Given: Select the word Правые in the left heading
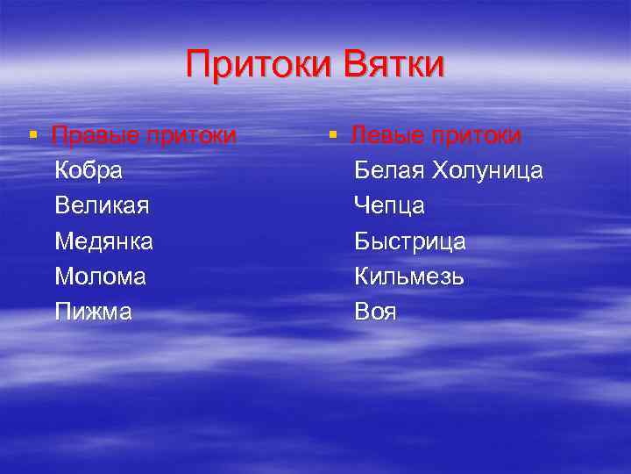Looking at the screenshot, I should (92, 136).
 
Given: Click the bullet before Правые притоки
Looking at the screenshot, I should (32, 134).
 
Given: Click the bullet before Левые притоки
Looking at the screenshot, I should (332, 134).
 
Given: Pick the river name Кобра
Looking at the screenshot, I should (88, 170).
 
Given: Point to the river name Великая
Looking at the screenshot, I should (102, 205).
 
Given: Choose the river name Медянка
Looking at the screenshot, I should (103, 241).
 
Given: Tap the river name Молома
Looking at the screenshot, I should (100, 276).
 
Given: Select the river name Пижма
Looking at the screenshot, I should (93, 311).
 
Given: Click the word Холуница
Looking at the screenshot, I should (487, 170).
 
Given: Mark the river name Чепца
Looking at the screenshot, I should (389, 205).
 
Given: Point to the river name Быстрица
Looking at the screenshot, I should (409, 241).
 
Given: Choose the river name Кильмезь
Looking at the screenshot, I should (409, 276).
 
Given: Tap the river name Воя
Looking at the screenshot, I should (375, 311).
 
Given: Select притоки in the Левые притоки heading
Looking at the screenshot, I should (478, 136).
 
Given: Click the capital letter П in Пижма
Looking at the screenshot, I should (62, 311).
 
